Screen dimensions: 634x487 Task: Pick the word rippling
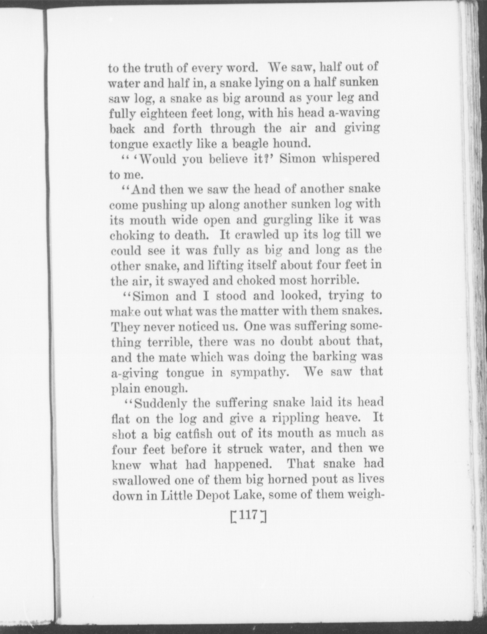pyautogui.click(x=295, y=419)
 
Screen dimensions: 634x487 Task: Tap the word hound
pyautogui.click(x=292, y=144)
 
